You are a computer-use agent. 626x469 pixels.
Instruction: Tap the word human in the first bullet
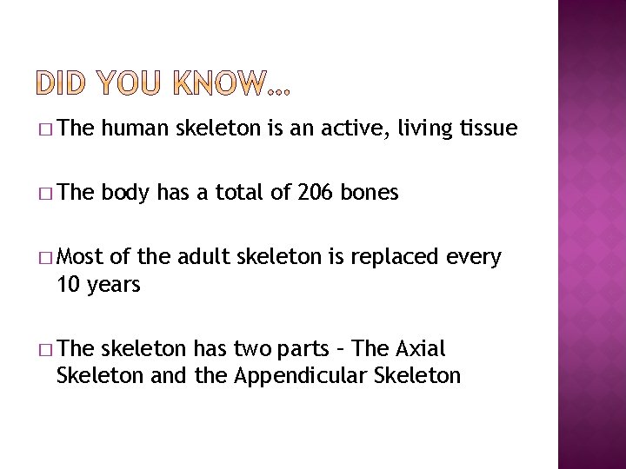pos(137,129)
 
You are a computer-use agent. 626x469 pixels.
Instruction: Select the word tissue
pos(487,129)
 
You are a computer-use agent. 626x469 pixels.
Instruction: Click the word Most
pos(80,258)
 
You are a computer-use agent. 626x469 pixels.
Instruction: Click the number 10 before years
pos(66,285)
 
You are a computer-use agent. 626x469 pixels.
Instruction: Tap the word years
pos(113,286)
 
